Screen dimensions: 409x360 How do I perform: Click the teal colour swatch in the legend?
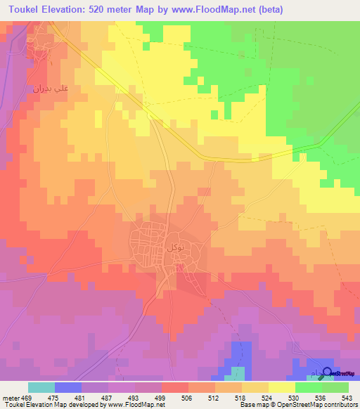pyautogui.click(x=41, y=387)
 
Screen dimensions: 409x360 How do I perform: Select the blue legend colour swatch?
pyautogui.click(x=67, y=387)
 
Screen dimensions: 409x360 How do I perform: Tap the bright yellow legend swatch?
pyautogui.click(x=281, y=387)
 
